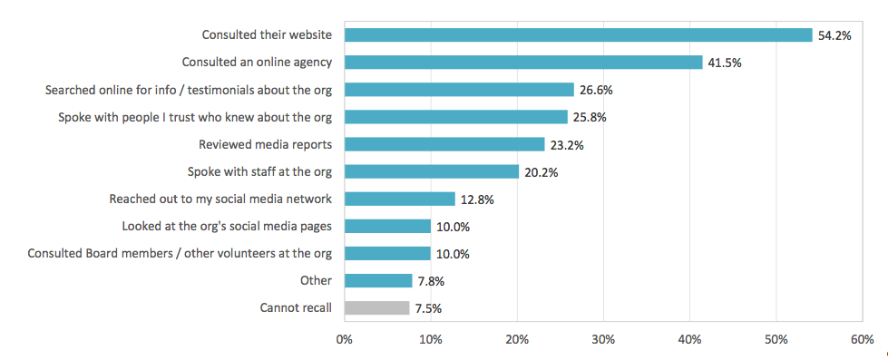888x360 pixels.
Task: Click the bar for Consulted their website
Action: coord(578,35)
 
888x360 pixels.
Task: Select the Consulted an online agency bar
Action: coord(523,63)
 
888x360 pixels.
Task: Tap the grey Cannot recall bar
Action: coord(376,308)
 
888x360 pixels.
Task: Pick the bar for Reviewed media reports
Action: coord(444,144)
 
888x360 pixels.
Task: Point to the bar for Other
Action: coord(378,281)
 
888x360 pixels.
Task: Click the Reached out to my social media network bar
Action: coord(400,199)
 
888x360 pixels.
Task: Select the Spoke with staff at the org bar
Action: coord(432,171)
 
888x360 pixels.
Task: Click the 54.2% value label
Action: coord(834,35)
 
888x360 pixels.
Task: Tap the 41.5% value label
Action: coord(725,63)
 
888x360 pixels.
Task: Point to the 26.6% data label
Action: coord(596,90)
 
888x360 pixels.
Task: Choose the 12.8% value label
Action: coord(477,199)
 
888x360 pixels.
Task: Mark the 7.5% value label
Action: coord(427,308)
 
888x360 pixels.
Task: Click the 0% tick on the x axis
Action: coord(345,339)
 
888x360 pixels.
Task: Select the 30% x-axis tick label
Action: coord(603,339)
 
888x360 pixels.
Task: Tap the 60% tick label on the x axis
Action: coord(862,339)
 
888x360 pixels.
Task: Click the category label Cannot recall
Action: coord(295,308)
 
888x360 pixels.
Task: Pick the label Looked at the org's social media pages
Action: coord(227,226)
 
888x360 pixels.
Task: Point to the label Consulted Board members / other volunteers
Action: coord(180,253)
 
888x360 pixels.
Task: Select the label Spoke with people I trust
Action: coord(195,117)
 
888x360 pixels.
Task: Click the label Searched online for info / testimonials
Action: coord(189,90)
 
